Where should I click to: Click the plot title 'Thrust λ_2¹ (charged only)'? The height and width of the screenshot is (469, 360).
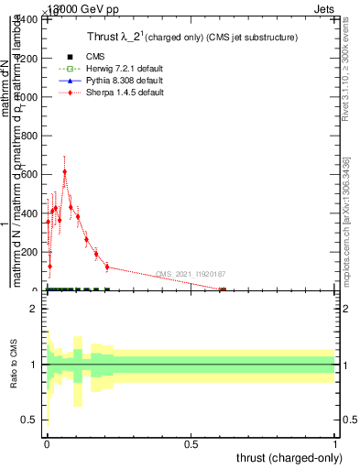[x=183, y=38]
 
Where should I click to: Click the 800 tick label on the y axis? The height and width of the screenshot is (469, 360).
[x=31, y=136]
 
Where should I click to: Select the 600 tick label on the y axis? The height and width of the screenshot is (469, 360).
[x=31, y=175]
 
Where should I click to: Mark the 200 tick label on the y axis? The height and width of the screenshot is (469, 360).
[x=31, y=253]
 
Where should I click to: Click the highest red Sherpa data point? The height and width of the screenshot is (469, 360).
[x=64, y=171]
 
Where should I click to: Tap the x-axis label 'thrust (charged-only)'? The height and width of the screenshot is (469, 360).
[x=289, y=456]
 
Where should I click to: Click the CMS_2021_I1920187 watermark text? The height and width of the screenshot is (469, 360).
[x=191, y=274]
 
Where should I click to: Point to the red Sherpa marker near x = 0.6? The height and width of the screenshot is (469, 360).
[x=223, y=290]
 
